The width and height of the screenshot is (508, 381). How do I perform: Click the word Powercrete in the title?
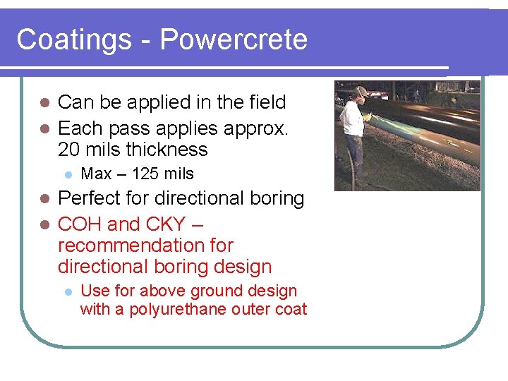tap(234, 40)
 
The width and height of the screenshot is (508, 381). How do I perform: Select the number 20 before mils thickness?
tap(69, 150)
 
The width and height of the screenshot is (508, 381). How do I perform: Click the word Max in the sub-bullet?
tap(97, 174)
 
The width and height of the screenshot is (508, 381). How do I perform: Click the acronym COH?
tap(80, 224)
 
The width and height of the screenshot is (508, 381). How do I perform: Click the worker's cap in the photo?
tap(361, 91)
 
